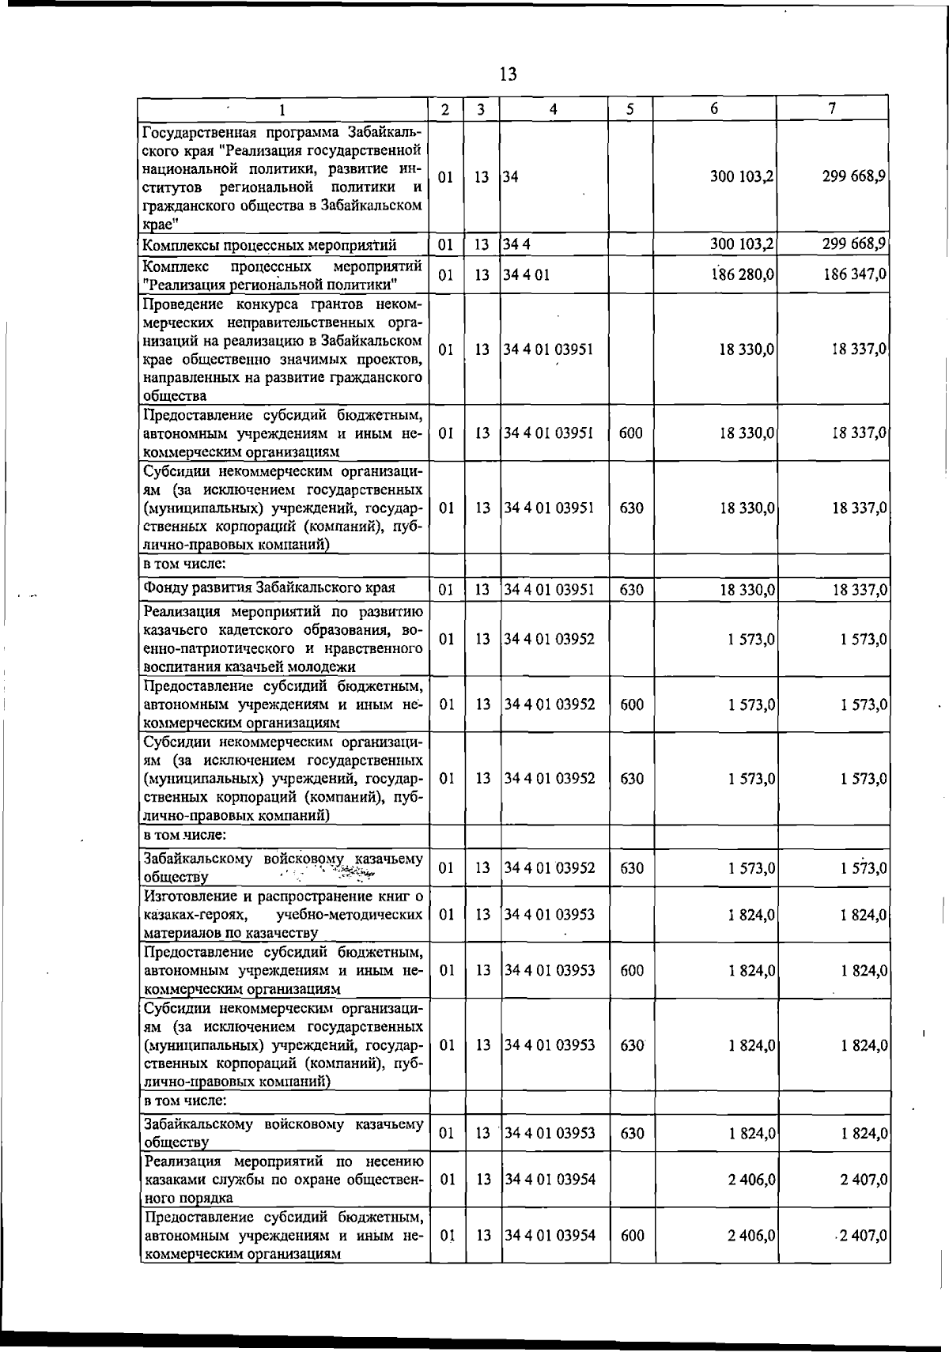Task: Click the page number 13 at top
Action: coord(508,74)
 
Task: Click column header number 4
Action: coord(554,109)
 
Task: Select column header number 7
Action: coord(832,109)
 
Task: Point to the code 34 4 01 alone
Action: coord(527,274)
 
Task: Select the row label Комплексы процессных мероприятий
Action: coord(270,245)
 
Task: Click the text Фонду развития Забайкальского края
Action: coord(269,587)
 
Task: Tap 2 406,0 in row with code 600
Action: coord(751,1235)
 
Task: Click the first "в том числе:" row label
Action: coord(185,564)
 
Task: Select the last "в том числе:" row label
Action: coord(185,1100)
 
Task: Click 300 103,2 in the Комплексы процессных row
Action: coord(741,244)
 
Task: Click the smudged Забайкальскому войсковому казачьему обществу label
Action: coord(282,867)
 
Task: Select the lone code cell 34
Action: coord(511,177)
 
